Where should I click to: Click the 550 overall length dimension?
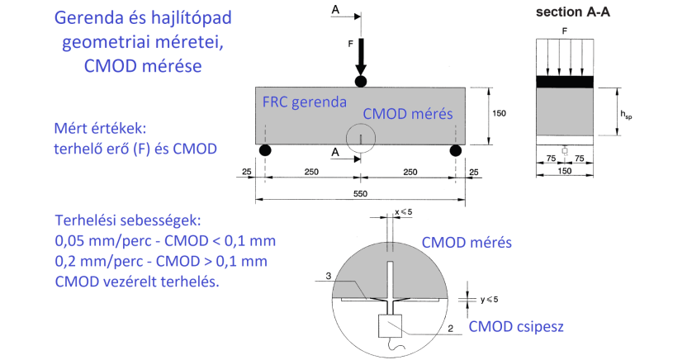click(359, 193)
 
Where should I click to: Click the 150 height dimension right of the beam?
click(498, 113)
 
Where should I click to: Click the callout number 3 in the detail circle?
click(329, 276)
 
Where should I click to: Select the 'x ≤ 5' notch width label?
click(404, 212)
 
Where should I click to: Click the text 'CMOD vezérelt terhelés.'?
click(136, 282)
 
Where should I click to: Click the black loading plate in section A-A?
click(565, 82)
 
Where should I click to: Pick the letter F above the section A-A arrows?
click(565, 31)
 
